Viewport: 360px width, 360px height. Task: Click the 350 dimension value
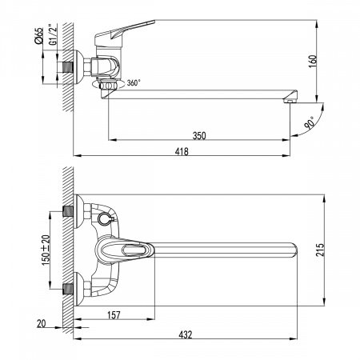point(199,136)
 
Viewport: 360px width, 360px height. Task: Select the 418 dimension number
point(182,151)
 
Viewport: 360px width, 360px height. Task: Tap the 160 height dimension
point(313,62)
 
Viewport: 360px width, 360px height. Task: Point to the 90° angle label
point(310,123)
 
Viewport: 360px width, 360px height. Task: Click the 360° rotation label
point(134,83)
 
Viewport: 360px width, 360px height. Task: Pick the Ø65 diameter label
point(38,35)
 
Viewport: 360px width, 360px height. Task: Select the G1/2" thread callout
point(53,34)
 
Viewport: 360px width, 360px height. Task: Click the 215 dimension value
point(320,250)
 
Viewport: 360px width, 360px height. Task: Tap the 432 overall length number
point(186,334)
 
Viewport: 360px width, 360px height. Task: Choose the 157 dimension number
point(114,315)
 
